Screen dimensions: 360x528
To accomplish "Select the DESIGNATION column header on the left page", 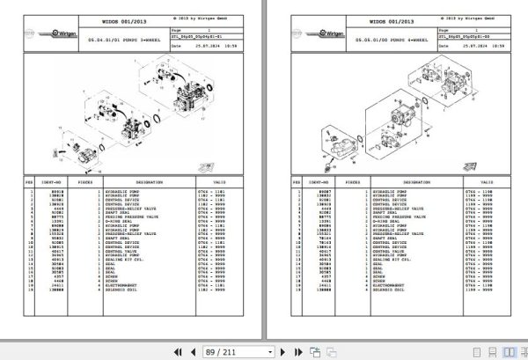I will [150, 183].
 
